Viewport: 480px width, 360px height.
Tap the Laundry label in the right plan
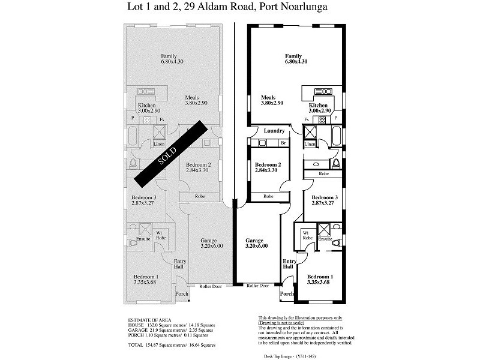click(265, 130)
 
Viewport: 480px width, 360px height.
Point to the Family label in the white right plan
click(296, 59)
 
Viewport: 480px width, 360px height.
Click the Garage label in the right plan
click(256, 243)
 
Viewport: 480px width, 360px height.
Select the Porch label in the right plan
click(287, 294)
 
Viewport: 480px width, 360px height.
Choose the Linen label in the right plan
click(310, 145)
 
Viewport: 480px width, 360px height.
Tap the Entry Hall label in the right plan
click(289, 265)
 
